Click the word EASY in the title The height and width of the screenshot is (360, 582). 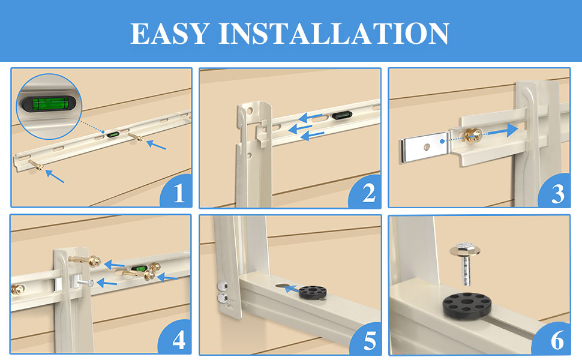pos(170,34)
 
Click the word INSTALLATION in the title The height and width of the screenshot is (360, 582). pos(334,34)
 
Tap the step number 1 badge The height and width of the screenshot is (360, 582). pos(177,191)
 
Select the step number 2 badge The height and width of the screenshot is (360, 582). pos(366,192)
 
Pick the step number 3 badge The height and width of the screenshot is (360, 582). pos(555,191)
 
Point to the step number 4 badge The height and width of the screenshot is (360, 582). pos(176,337)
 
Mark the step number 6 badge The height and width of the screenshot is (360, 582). pos(554,338)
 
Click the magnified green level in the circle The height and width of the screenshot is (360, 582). pos(48,104)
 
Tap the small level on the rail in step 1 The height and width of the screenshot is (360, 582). pos(113,134)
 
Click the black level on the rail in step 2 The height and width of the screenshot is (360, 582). pos(342,115)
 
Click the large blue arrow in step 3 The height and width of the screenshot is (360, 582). pos(503,131)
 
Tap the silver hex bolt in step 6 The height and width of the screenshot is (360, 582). pos(465,263)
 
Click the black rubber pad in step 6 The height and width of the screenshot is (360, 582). pos(467,306)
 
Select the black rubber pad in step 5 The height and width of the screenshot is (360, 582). pos(313,292)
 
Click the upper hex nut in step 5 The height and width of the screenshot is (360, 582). pos(223,286)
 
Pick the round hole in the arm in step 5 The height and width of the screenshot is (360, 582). pos(284,287)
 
